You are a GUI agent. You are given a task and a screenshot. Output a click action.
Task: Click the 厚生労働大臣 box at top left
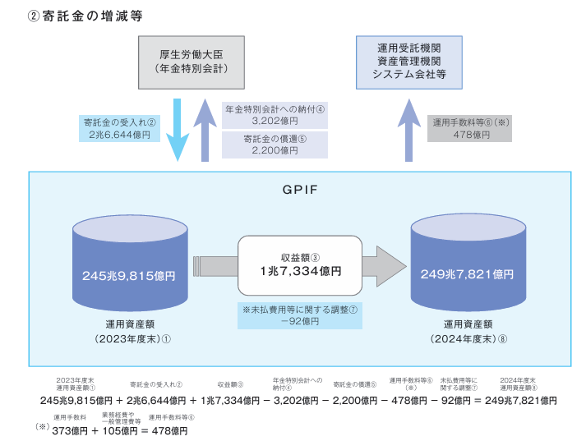(191, 62)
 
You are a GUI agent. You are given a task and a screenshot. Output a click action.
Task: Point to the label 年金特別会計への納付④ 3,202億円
(275, 114)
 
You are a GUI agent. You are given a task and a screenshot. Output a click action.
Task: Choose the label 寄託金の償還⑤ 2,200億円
(275, 145)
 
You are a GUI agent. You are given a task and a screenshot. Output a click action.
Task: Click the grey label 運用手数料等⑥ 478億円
(473, 129)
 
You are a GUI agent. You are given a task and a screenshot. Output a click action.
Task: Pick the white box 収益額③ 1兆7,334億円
(300, 264)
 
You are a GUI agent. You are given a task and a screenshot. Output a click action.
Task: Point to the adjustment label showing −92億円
(299, 316)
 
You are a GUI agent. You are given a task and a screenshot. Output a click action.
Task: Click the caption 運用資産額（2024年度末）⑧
(467, 330)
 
